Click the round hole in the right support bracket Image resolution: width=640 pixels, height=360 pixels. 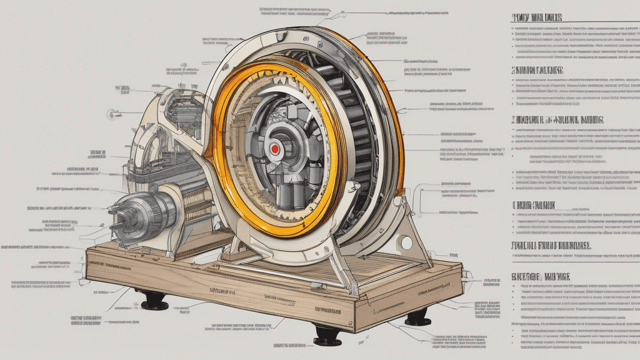pos(407,242)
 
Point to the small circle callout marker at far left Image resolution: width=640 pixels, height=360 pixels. pos(112,114)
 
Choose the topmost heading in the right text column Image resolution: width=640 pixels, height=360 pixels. pos(537,17)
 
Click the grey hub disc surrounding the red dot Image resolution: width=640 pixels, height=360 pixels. pos(284,150)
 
